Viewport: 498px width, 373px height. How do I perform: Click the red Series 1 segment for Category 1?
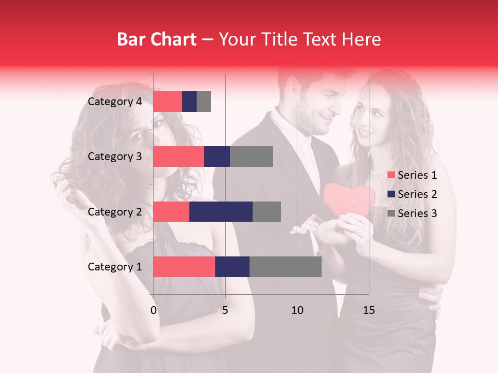point(184,267)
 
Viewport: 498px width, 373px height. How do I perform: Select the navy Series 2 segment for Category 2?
point(221,211)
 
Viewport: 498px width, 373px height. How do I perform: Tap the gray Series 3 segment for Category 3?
point(251,156)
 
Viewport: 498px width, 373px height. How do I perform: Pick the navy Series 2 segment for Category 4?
point(189,102)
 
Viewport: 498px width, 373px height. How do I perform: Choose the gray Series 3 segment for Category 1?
point(285,267)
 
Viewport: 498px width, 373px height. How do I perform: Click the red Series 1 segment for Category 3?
point(178,156)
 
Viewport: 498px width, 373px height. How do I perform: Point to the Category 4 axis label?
point(115,102)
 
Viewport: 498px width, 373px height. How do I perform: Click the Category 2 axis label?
point(115,211)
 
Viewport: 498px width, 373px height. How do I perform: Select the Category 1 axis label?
point(115,267)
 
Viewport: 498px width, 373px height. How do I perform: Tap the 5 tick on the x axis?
point(225,310)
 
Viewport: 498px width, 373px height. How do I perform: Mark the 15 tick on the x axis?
point(368,310)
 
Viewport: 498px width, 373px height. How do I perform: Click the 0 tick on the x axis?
point(154,310)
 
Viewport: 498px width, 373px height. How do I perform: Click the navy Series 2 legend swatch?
point(391,194)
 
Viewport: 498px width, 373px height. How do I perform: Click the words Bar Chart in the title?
point(157,39)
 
